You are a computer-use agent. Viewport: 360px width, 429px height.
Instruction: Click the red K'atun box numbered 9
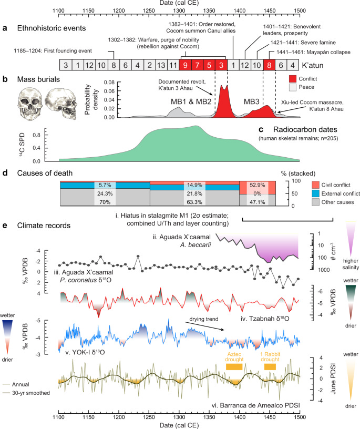(x=185, y=65)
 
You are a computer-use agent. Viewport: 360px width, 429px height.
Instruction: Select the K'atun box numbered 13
(x=161, y=65)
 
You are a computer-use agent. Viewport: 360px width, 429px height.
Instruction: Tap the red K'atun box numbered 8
(x=269, y=65)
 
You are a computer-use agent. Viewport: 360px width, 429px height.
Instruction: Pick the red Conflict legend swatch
(x=293, y=79)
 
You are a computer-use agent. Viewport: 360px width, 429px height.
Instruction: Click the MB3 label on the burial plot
(x=251, y=102)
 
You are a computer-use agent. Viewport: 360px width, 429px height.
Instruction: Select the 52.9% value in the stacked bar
(x=257, y=185)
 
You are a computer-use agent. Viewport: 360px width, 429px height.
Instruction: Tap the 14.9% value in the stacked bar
(x=194, y=185)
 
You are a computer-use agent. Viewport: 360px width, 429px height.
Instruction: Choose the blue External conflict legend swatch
(x=316, y=193)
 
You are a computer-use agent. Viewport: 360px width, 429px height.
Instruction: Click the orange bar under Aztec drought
(x=234, y=366)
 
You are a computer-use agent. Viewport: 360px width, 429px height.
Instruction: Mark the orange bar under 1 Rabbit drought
(x=270, y=366)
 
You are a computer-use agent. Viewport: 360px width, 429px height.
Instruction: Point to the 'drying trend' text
(x=204, y=319)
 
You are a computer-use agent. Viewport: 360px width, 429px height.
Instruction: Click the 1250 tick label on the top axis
(x=149, y=11)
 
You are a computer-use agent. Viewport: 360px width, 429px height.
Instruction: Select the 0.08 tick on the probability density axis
(x=109, y=83)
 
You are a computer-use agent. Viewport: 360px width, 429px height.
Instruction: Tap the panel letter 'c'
(x=261, y=129)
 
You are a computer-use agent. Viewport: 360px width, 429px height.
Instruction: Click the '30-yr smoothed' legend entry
(x=31, y=393)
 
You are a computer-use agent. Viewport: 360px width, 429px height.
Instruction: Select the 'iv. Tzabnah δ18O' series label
(x=265, y=319)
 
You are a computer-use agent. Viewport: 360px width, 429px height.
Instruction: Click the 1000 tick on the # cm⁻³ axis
(x=324, y=270)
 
